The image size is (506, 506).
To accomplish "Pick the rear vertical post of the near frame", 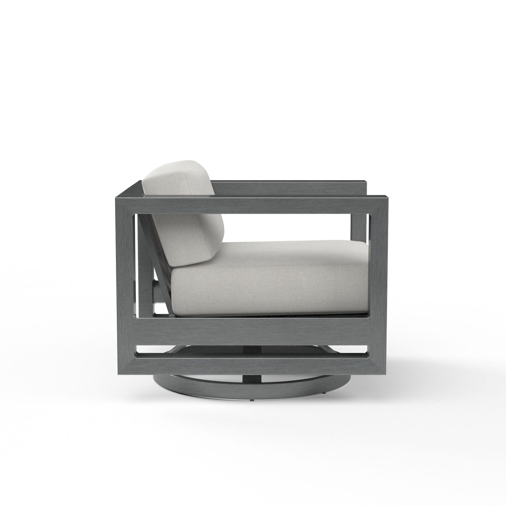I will (126, 271).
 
